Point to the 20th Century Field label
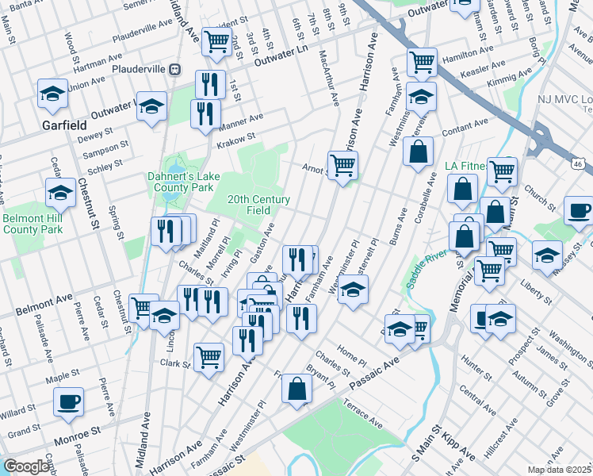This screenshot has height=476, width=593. coord(259,205)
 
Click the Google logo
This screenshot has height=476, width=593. coord(27,466)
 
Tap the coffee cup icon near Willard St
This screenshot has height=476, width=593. coord(68,401)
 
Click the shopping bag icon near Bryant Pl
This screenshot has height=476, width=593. coord(296,389)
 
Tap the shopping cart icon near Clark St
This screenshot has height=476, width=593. coord(209,356)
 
